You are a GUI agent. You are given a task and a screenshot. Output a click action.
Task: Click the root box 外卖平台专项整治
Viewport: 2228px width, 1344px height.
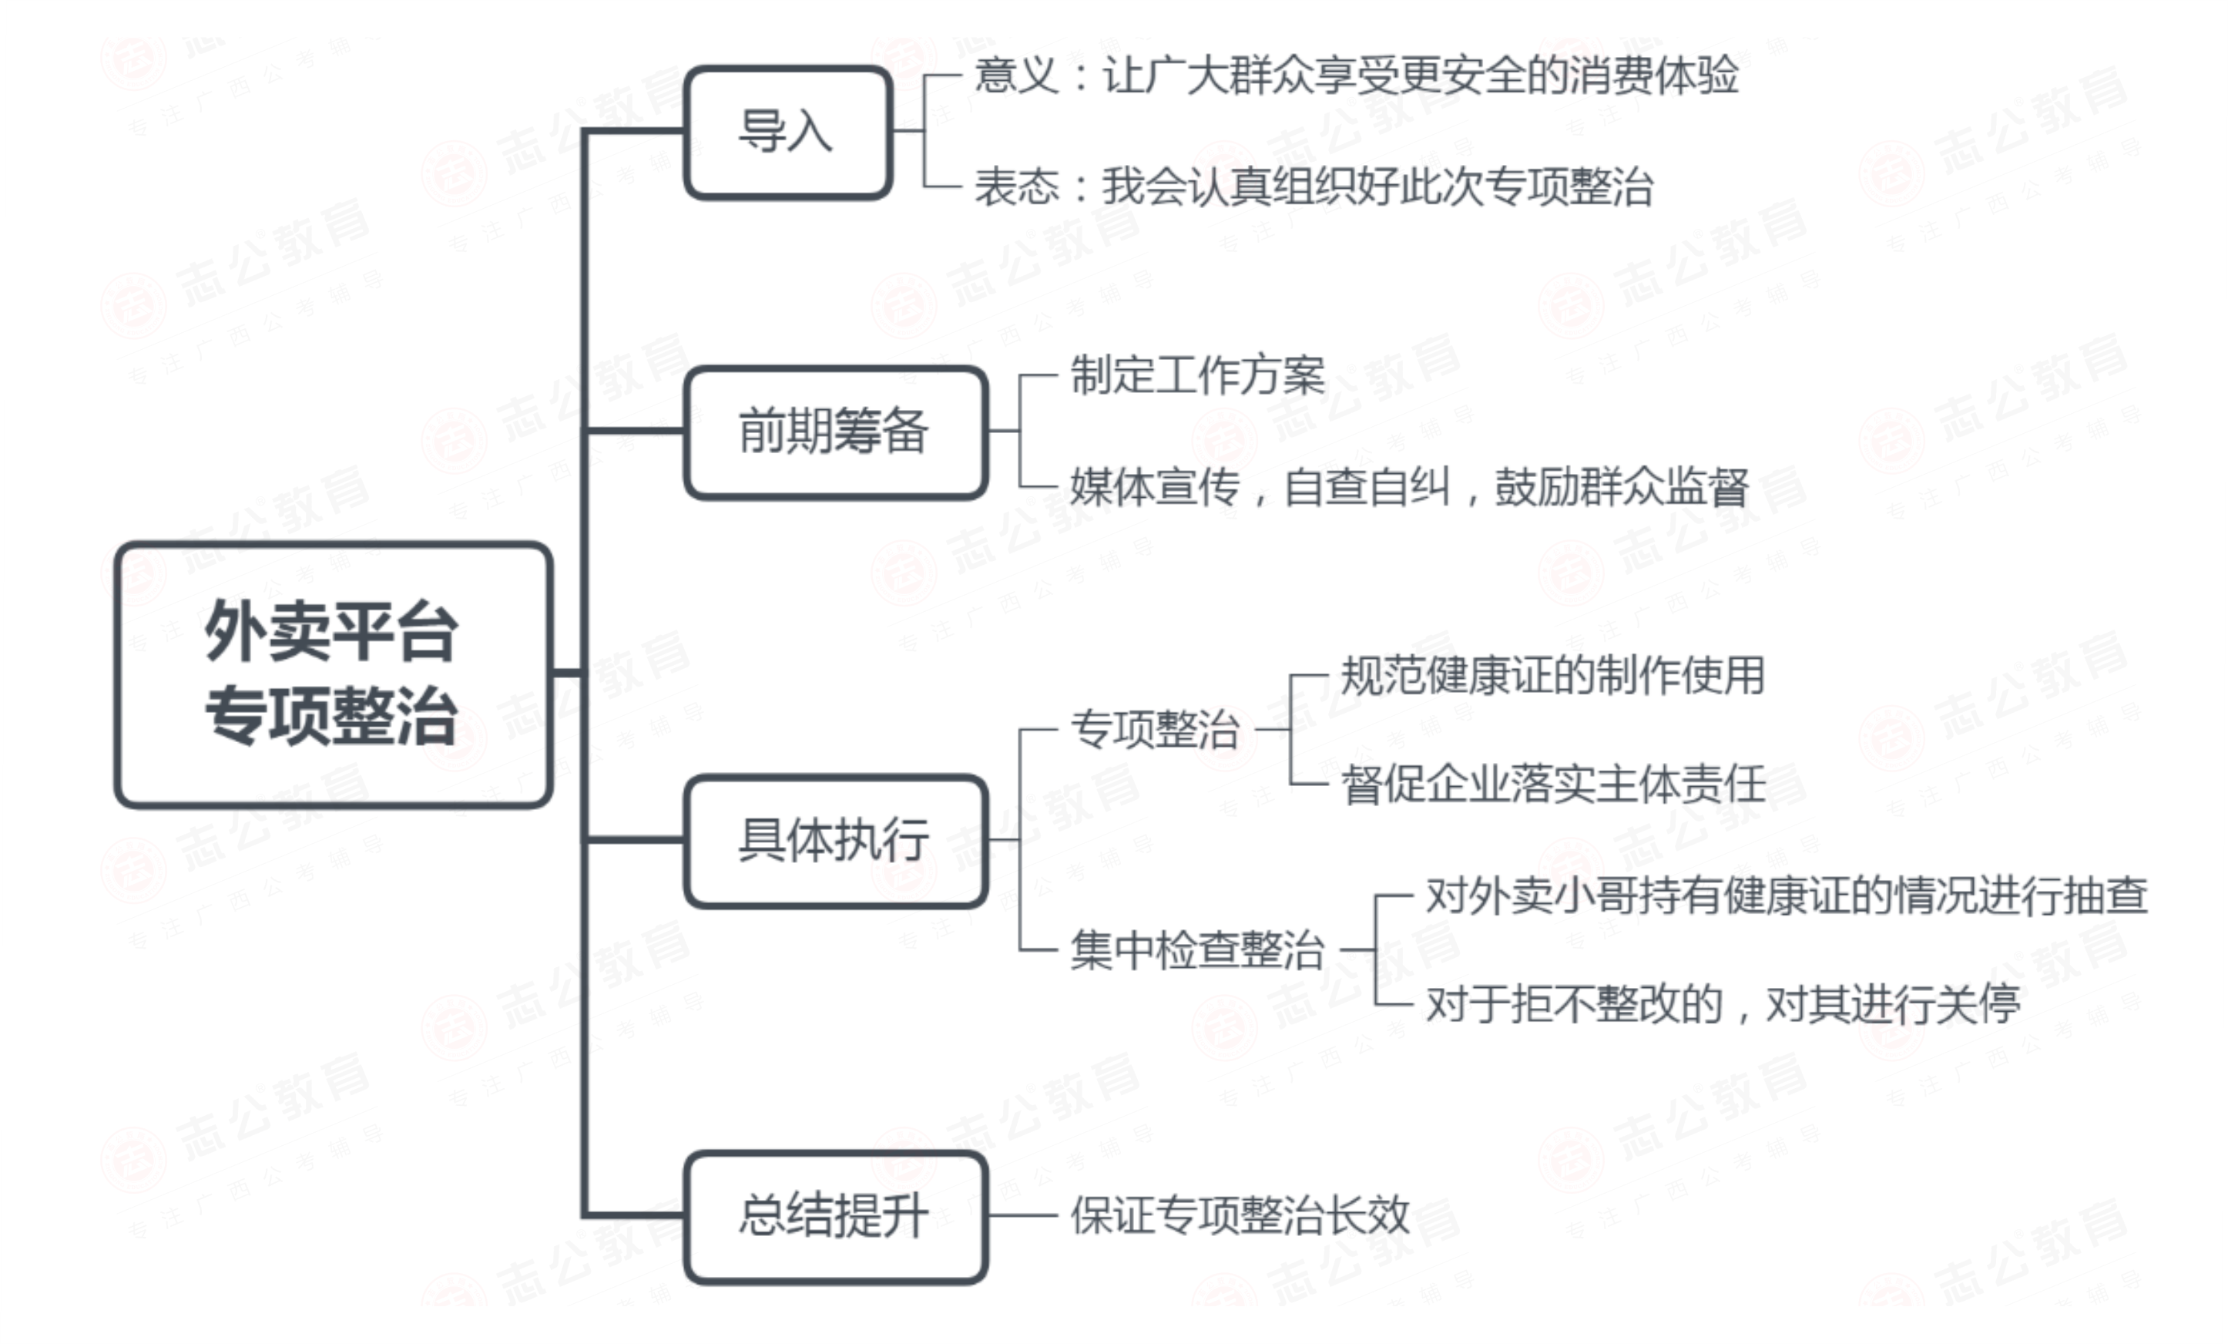point(333,674)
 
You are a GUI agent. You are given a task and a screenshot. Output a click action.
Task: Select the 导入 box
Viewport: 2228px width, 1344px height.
point(787,132)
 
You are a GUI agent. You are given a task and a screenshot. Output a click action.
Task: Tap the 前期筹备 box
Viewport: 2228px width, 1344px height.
point(834,432)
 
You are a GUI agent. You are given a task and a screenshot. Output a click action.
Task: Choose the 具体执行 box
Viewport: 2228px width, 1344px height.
point(834,840)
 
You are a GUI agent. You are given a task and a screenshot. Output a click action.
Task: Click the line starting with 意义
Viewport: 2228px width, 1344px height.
point(1355,75)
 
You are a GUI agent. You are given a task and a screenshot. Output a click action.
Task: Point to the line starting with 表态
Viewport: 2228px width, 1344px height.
point(1313,187)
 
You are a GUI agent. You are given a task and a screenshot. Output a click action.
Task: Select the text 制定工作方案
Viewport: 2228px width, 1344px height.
point(1197,375)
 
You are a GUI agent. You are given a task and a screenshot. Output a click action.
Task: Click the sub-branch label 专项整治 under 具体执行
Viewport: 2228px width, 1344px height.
point(1155,729)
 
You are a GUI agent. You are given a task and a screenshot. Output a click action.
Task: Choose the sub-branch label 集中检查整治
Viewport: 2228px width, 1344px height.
point(1197,950)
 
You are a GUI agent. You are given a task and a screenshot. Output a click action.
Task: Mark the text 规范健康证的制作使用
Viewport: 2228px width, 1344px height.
point(1552,676)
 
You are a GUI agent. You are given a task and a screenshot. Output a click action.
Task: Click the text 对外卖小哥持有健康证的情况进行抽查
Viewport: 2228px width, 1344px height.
point(1786,896)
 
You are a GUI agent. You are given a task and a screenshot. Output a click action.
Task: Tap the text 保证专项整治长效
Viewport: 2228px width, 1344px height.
point(1240,1215)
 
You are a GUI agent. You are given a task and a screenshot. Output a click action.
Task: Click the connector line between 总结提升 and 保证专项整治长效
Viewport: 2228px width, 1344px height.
point(1022,1215)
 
